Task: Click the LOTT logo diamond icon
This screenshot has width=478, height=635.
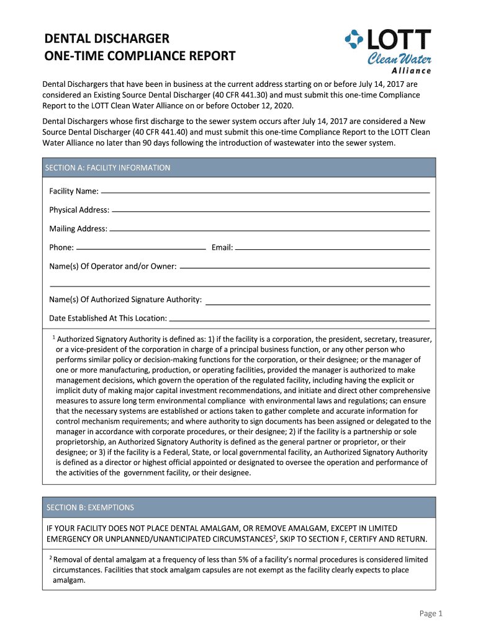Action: (354, 41)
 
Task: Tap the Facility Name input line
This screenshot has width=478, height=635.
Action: (265, 192)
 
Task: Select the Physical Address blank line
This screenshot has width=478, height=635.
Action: (271, 210)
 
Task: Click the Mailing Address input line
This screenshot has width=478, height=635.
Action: (269, 229)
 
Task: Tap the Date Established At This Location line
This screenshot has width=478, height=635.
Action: (299, 318)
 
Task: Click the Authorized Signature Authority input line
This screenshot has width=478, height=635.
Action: (317, 303)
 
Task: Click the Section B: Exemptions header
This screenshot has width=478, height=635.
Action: (91, 507)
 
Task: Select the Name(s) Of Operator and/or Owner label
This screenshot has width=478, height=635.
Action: (112, 266)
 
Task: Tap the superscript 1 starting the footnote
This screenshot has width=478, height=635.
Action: (54, 337)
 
